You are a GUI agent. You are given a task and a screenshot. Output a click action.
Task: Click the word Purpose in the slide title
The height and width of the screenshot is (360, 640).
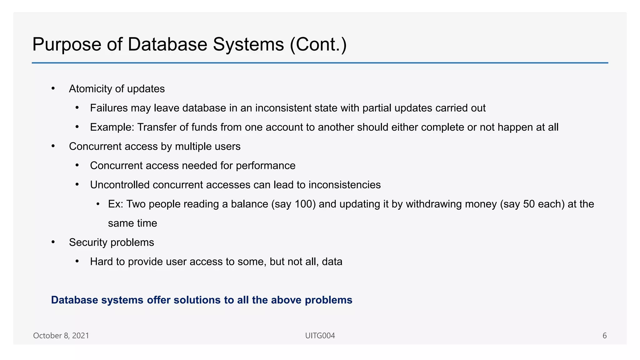[x=67, y=45]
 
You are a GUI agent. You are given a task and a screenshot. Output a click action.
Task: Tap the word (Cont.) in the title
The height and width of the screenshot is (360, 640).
[x=318, y=45]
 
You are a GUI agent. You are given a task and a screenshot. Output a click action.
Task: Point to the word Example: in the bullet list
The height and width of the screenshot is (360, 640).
[x=112, y=127]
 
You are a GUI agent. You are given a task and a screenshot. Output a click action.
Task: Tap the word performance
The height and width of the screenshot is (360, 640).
[x=265, y=166]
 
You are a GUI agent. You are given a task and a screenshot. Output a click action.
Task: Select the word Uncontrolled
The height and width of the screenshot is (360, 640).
[x=120, y=185]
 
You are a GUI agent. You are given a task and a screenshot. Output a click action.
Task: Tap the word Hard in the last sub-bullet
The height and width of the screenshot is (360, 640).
[x=102, y=262]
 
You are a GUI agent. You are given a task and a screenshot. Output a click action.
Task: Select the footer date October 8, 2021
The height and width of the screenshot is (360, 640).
[x=61, y=336]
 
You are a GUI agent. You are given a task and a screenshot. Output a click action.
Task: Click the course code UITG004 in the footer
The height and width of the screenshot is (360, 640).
[x=320, y=336]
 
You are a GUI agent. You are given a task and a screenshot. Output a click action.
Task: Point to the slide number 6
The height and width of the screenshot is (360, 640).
[x=605, y=336]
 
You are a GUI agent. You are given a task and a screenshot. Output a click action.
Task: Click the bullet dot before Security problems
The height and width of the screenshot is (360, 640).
[x=53, y=242]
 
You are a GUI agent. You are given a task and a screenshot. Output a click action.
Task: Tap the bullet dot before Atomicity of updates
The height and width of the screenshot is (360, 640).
[x=53, y=89]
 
